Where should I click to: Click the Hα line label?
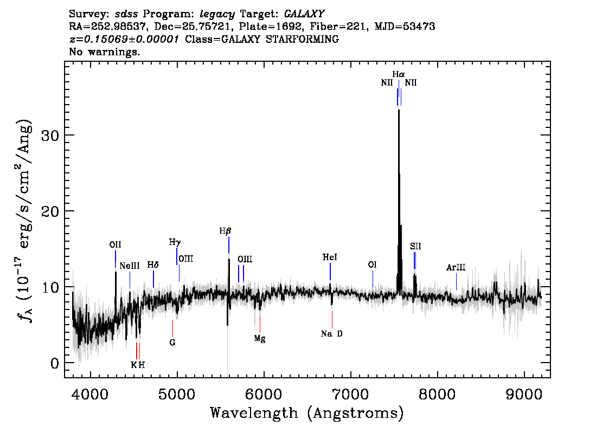[x=399, y=74]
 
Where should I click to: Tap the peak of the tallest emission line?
[x=399, y=110]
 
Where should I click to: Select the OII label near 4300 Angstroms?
[x=116, y=245]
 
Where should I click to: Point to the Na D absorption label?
[x=331, y=334]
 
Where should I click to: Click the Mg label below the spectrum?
[x=260, y=338]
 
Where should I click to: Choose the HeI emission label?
[x=330, y=257]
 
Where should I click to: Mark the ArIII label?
[x=456, y=268]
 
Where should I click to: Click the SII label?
[x=415, y=247]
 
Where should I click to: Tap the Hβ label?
[x=225, y=231]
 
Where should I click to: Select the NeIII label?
[x=130, y=266]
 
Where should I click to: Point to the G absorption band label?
[x=172, y=343]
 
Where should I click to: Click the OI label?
[x=372, y=265]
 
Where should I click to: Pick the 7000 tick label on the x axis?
[x=350, y=394]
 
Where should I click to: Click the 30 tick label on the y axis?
[x=50, y=135]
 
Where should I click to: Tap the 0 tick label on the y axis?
[x=55, y=363]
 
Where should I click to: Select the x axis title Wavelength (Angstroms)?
[x=307, y=413]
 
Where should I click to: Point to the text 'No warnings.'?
[x=105, y=51]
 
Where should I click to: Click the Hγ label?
[x=175, y=243]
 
